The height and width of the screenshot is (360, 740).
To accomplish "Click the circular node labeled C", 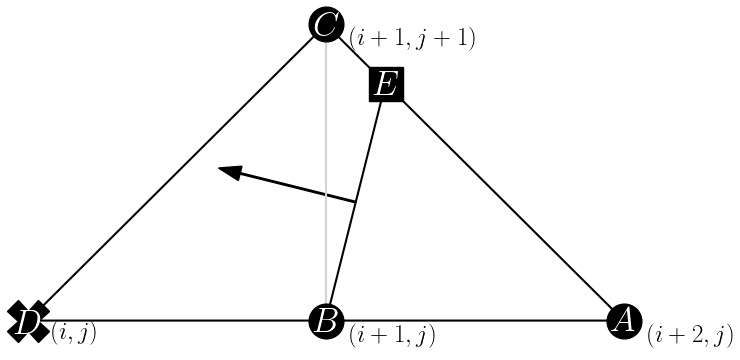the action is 326,23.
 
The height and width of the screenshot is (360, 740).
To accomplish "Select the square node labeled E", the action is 385,85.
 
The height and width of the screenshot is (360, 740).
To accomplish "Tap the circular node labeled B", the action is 326,320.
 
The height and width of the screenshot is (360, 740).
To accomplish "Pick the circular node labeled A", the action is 624,320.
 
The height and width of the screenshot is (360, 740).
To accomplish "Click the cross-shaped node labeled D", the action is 28,320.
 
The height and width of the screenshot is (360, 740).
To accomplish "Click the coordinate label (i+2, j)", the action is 690,333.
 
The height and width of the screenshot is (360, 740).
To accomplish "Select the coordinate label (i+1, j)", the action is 391,336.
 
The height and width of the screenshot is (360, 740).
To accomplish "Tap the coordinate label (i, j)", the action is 74,332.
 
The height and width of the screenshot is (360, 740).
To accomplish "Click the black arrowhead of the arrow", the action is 231,173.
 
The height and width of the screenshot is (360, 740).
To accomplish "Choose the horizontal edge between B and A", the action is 475,320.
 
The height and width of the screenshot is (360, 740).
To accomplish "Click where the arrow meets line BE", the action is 356,203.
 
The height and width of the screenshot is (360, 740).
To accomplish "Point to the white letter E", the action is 385,85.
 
